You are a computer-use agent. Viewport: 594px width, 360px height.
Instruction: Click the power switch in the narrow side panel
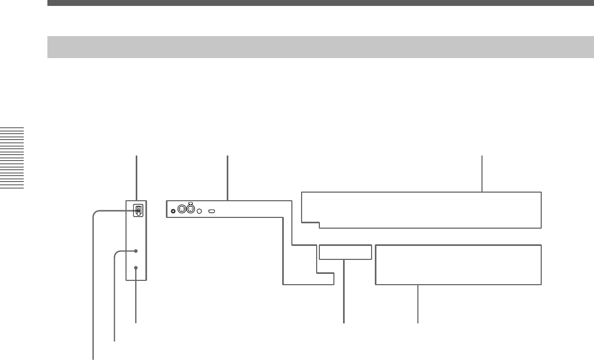pyautogui.click(x=138, y=210)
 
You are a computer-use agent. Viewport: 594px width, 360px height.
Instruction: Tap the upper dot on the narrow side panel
pyautogui.click(x=137, y=251)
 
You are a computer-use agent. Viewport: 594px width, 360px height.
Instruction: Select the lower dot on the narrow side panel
pyautogui.click(x=137, y=267)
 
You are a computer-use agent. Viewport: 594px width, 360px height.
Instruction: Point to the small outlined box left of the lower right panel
pyautogui.click(x=345, y=252)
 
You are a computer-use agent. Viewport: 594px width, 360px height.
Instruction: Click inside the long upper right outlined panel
pyautogui.click(x=420, y=209)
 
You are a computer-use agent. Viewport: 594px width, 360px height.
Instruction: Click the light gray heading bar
pyautogui.click(x=320, y=47)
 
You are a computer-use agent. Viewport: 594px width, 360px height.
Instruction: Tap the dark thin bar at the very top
pyautogui.click(x=320, y=3)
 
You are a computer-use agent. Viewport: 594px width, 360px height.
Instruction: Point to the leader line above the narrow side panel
pyautogui.click(x=137, y=178)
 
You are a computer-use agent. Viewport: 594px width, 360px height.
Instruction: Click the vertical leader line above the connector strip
pyautogui.click(x=228, y=178)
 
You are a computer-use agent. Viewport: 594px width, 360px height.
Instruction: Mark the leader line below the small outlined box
pyautogui.click(x=344, y=291)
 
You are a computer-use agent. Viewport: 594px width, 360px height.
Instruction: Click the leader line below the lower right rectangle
pyautogui.click(x=418, y=303)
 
